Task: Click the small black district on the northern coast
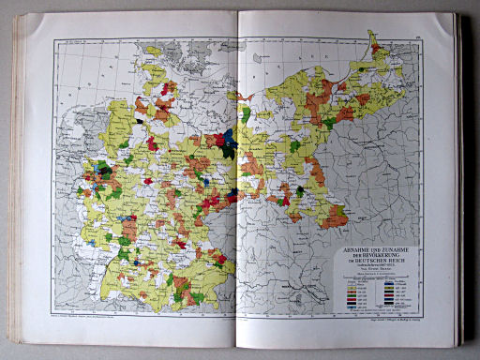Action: point(140,120)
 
